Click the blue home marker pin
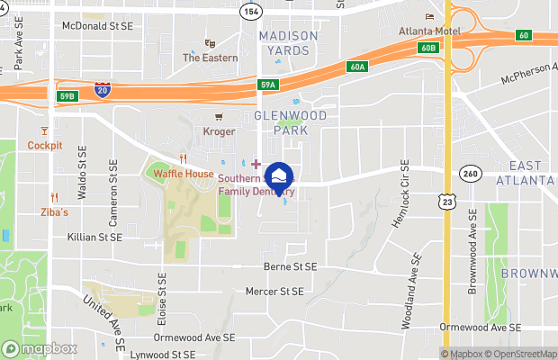point(280,176)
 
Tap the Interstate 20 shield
point(103,89)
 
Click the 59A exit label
point(268,85)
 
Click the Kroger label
point(219,131)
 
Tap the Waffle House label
point(183,174)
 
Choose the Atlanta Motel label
point(430,31)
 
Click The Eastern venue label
point(211,58)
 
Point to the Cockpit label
point(45,145)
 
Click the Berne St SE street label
point(290,267)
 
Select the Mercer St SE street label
point(274,292)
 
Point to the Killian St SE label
point(94,237)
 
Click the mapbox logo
point(40,348)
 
